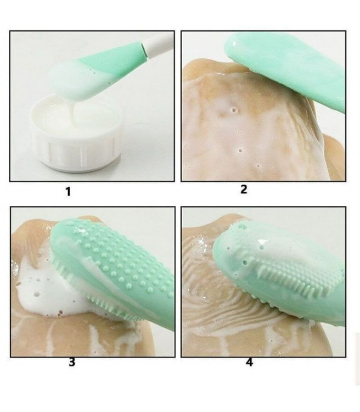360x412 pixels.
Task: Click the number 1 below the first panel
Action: [x=68, y=192]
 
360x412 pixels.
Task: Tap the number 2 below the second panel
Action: [x=244, y=189]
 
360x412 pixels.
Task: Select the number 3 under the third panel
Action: [x=72, y=362]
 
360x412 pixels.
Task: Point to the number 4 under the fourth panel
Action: [x=249, y=362]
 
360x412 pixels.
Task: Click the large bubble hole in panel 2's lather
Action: [x=234, y=109]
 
